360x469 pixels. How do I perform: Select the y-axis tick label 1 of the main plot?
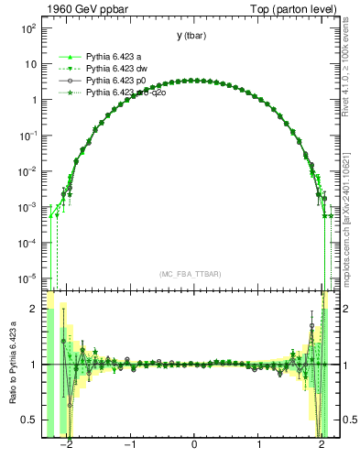32,101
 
